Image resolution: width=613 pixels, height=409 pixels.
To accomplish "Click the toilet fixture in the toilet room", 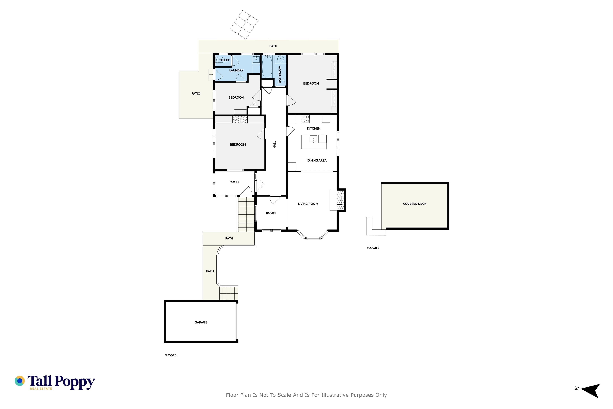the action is [x=219, y=60].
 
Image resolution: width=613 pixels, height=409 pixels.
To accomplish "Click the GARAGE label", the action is [x=201, y=322].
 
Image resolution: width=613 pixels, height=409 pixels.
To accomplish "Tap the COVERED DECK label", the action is [x=415, y=204].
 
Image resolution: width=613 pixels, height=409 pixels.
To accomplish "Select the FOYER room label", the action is [x=234, y=182].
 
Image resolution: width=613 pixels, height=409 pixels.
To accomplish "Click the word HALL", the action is [x=274, y=144].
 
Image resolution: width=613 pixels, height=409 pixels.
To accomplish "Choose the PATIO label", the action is [x=196, y=93].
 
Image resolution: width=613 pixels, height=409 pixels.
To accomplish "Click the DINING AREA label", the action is [x=317, y=160].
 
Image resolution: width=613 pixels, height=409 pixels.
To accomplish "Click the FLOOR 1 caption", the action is [x=170, y=355].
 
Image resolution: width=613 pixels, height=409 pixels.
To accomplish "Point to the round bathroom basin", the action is [x=281, y=59].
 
